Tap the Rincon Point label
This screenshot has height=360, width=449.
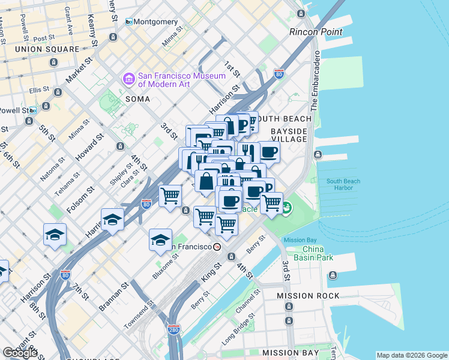316,32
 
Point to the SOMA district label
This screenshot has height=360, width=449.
137,98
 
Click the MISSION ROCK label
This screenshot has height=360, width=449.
308,296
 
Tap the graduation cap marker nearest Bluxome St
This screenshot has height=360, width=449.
160,239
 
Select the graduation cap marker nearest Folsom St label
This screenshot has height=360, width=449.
112,219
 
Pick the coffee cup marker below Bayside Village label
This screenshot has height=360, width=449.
269,152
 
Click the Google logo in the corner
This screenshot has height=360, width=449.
20,353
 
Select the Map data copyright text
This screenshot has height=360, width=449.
412,355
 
